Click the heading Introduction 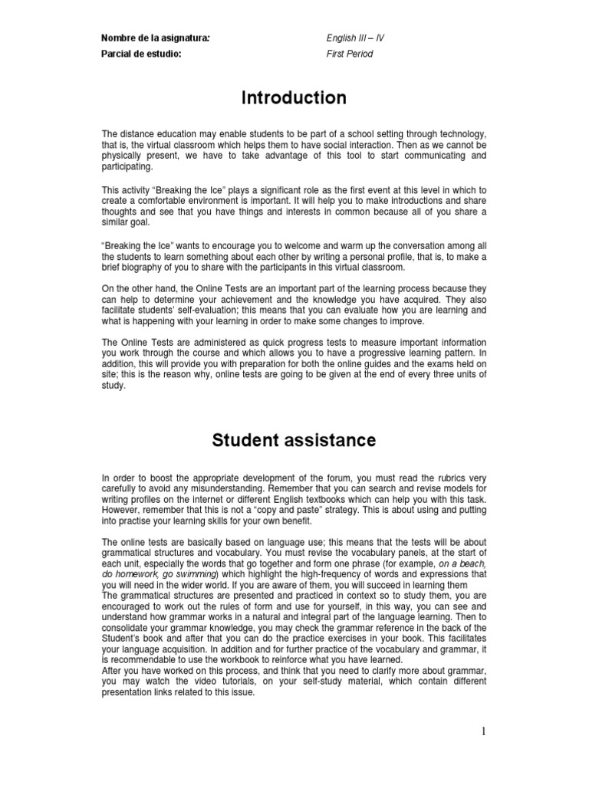pos(294,98)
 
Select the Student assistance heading pos(294,440)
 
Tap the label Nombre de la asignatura pos(155,38)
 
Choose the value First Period pos(350,54)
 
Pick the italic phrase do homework pos(131,574)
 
